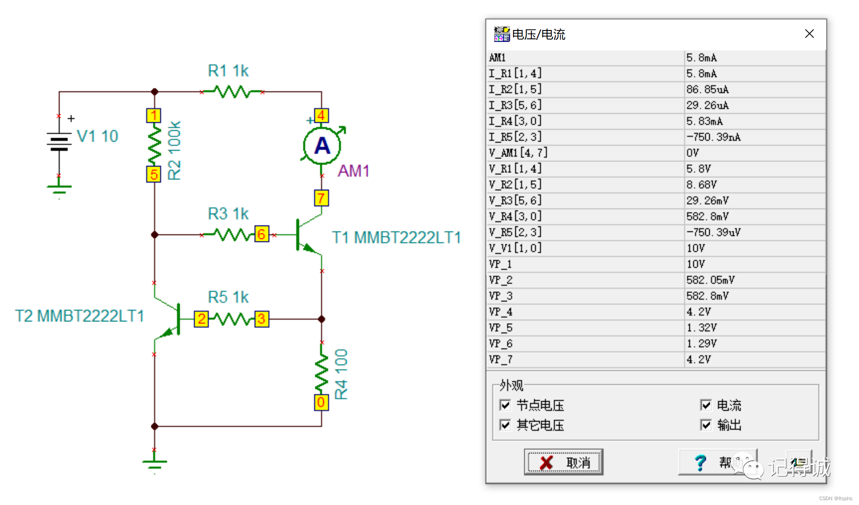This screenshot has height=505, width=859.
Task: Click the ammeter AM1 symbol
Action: [322, 146]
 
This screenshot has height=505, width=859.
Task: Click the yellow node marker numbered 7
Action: [321, 198]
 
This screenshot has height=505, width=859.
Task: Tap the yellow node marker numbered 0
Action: [321, 402]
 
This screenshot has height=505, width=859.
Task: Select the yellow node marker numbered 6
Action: [261, 234]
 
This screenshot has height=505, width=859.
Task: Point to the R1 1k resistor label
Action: [228, 71]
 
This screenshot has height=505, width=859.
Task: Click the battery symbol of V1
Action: [59, 141]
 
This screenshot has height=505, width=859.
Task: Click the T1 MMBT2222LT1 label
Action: [396, 237]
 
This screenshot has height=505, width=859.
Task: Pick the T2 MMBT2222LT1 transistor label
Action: [79, 316]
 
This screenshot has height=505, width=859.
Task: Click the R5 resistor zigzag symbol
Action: [231, 319]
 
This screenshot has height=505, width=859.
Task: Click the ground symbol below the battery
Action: [59, 189]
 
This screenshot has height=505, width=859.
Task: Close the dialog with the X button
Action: [809, 34]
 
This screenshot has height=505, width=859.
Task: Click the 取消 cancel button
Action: [564, 462]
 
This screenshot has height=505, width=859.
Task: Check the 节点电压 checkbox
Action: [505, 405]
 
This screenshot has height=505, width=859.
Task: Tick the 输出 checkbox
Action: [706, 425]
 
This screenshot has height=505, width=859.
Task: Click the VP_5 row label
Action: [501, 328]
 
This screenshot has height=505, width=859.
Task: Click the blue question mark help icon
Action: [700, 462]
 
